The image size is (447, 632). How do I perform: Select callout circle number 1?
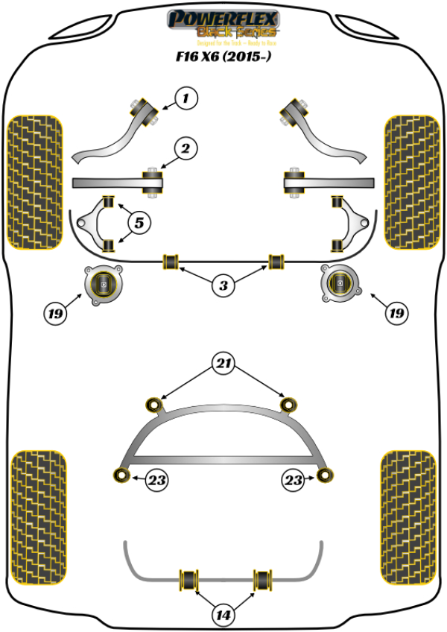point(187,98)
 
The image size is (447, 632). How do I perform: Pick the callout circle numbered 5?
point(139,221)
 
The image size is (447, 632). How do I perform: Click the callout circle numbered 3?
point(223,285)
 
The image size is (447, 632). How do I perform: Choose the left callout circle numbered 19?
point(55,315)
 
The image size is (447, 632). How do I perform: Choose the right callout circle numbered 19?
point(396,315)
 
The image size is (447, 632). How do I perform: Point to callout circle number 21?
point(223,365)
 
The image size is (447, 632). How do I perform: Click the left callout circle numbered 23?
point(157,481)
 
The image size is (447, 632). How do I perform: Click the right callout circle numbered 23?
point(293,481)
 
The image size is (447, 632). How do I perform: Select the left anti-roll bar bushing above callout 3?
point(171,260)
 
